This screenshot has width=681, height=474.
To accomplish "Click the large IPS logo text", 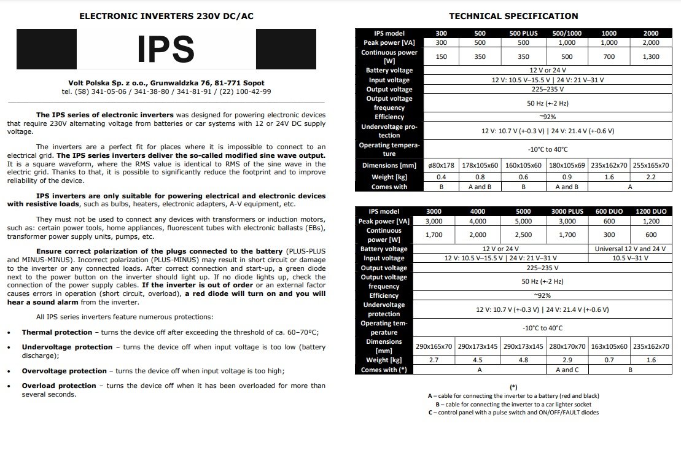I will (x=166, y=49).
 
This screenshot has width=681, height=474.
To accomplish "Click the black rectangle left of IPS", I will (x=46, y=49).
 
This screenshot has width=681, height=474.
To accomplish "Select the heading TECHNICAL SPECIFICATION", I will (x=513, y=16).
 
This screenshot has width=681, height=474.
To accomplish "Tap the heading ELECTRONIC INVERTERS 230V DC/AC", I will (x=166, y=16).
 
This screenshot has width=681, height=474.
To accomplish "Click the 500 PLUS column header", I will (x=523, y=33).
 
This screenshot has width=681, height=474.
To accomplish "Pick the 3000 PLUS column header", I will (x=567, y=211).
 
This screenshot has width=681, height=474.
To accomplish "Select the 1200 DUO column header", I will (x=651, y=211).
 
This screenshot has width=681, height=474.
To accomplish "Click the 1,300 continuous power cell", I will (x=651, y=56).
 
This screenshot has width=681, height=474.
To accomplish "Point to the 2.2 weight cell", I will (x=651, y=177).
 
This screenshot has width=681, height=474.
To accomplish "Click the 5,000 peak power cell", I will (x=523, y=221).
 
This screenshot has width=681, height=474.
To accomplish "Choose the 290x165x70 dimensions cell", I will (x=434, y=346).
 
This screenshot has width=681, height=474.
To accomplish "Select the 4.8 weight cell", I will (x=523, y=360).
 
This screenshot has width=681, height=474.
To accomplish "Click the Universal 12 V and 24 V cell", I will (x=630, y=249).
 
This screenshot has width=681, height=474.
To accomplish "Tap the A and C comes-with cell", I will (x=567, y=370).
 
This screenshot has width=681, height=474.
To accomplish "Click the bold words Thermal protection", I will (x=57, y=332).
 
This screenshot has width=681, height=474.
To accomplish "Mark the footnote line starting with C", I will (x=513, y=413).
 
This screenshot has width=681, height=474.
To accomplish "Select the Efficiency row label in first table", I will (x=389, y=117).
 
